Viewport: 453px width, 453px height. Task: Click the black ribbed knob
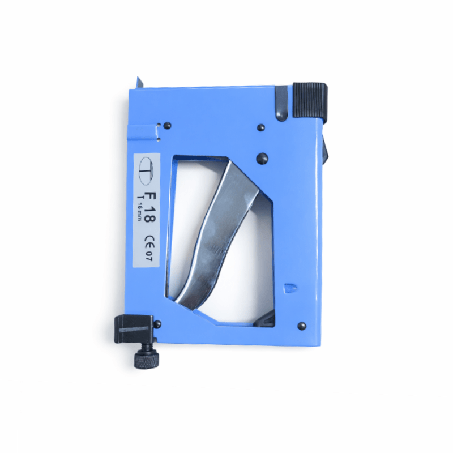tap(310, 101)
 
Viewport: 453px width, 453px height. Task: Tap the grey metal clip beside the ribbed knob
tap(281, 102)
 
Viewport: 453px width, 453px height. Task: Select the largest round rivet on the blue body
tap(262, 159)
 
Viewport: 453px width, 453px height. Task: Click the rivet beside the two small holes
tap(167, 126)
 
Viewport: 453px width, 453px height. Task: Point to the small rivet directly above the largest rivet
tap(261, 128)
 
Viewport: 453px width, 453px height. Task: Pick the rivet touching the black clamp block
tap(157, 324)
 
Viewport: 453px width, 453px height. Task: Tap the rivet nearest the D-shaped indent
tap(302, 326)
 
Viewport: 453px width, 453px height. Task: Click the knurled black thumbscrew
tap(147, 358)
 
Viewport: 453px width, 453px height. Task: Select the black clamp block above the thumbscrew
tap(135, 330)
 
